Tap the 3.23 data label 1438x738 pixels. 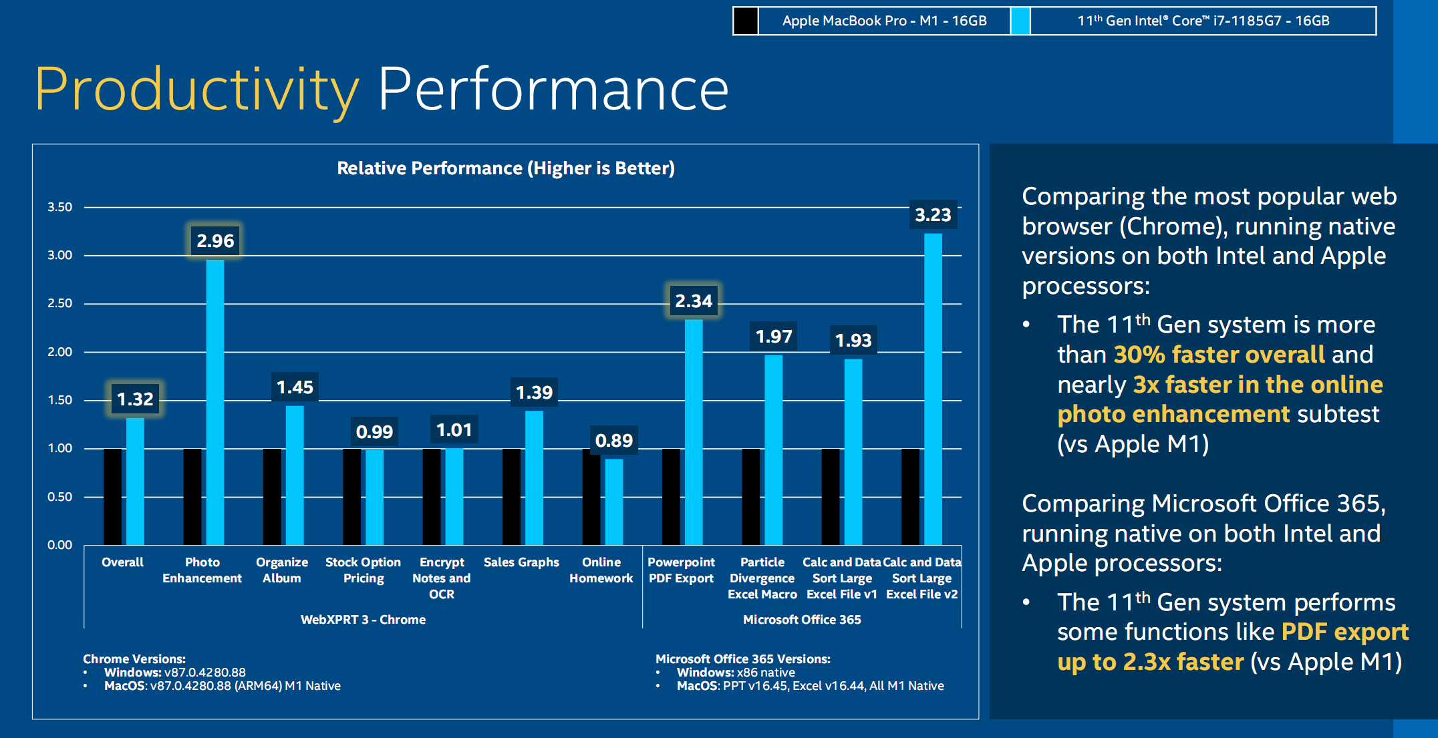point(933,215)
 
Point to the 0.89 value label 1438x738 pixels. point(613,441)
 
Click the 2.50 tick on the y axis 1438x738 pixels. point(60,303)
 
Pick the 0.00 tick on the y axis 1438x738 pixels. point(60,545)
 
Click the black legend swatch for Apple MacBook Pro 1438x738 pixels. point(746,21)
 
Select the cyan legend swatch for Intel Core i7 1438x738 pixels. point(1020,21)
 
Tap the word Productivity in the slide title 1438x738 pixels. point(197,89)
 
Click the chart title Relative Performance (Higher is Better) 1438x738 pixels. point(506,168)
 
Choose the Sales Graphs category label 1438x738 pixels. point(521,562)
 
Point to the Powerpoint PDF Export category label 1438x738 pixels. point(681,570)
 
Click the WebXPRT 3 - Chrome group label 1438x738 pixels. point(363,620)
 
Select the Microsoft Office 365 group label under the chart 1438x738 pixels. point(802,620)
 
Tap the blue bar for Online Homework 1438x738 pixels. point(614,502)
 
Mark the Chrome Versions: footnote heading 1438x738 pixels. point(134,659)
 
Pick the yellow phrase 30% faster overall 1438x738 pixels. point(1219,355)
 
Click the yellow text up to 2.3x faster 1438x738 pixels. point(1150,662)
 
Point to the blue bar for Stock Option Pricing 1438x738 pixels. point(375,497)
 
